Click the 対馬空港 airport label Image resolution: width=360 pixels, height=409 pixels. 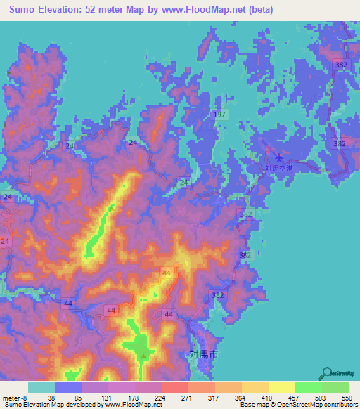tap(279, 169)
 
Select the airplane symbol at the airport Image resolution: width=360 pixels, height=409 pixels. tap(280, 157)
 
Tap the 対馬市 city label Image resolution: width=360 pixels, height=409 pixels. tap(204, 355)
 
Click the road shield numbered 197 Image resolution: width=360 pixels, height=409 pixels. tap(219, 114)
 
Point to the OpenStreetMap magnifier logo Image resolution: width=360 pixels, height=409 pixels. tap(328, 373)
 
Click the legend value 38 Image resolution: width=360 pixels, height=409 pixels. tap(52, 397)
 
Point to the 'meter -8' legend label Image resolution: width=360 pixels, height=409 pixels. tap(13, 397)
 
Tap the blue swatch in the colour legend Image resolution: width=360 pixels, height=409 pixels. tap(68, 387)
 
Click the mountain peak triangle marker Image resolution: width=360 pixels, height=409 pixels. tap(143, 356)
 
